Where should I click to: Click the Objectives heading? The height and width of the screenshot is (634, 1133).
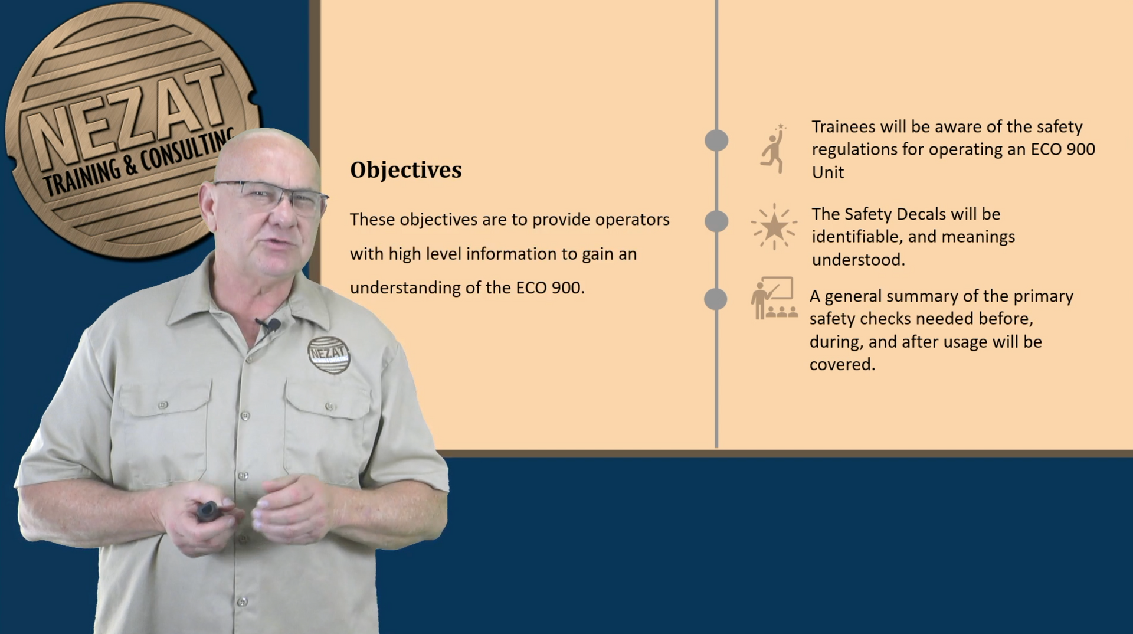pos(406,170)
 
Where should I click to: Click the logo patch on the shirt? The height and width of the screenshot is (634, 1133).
pos(329,354)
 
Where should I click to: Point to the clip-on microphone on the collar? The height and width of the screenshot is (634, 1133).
pos(268,324)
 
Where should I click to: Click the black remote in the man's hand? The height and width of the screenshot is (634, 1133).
pos(208,510)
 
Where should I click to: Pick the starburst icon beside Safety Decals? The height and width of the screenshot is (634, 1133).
pos(774,227)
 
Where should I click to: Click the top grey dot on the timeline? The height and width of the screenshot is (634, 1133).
pos(716,140)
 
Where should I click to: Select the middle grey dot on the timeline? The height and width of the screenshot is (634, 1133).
pos(716,221)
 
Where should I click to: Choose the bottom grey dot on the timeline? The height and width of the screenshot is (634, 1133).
pos(716,299)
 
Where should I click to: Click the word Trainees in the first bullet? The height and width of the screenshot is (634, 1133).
pos(843,127)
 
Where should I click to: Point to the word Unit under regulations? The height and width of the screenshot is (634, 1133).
pos(828,172)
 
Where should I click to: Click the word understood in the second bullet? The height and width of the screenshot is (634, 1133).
pos(859,260)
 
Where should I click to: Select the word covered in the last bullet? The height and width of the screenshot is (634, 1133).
pos(842,365)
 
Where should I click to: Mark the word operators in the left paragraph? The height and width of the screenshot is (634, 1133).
pos(633,220)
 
